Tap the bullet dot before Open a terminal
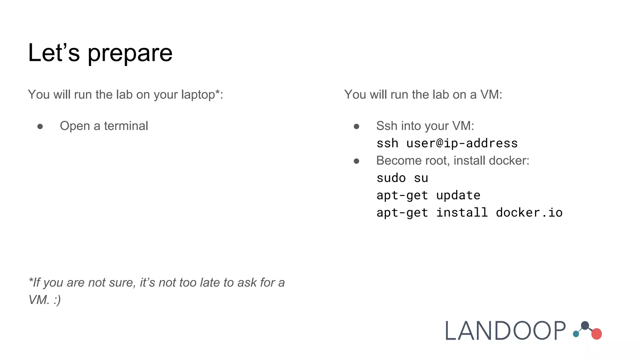[x=40, y=126]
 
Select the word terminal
[x=126, y=126]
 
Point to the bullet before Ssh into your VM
[x=356, y=126]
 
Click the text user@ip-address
[x=462, y=143]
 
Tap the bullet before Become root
[x=356, y=161]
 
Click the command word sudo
[x=391, y=178]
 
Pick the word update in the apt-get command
[x=458, y=195]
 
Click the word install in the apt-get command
[x=462, y=213]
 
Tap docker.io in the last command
[x=529, y=213]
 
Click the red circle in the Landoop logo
[x=597, y=334]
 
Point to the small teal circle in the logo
[x=576, y=334]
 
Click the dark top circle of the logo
[x=585, y=326]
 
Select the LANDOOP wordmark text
[x=505, y=331]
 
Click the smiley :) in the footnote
[x=57, y=300]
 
